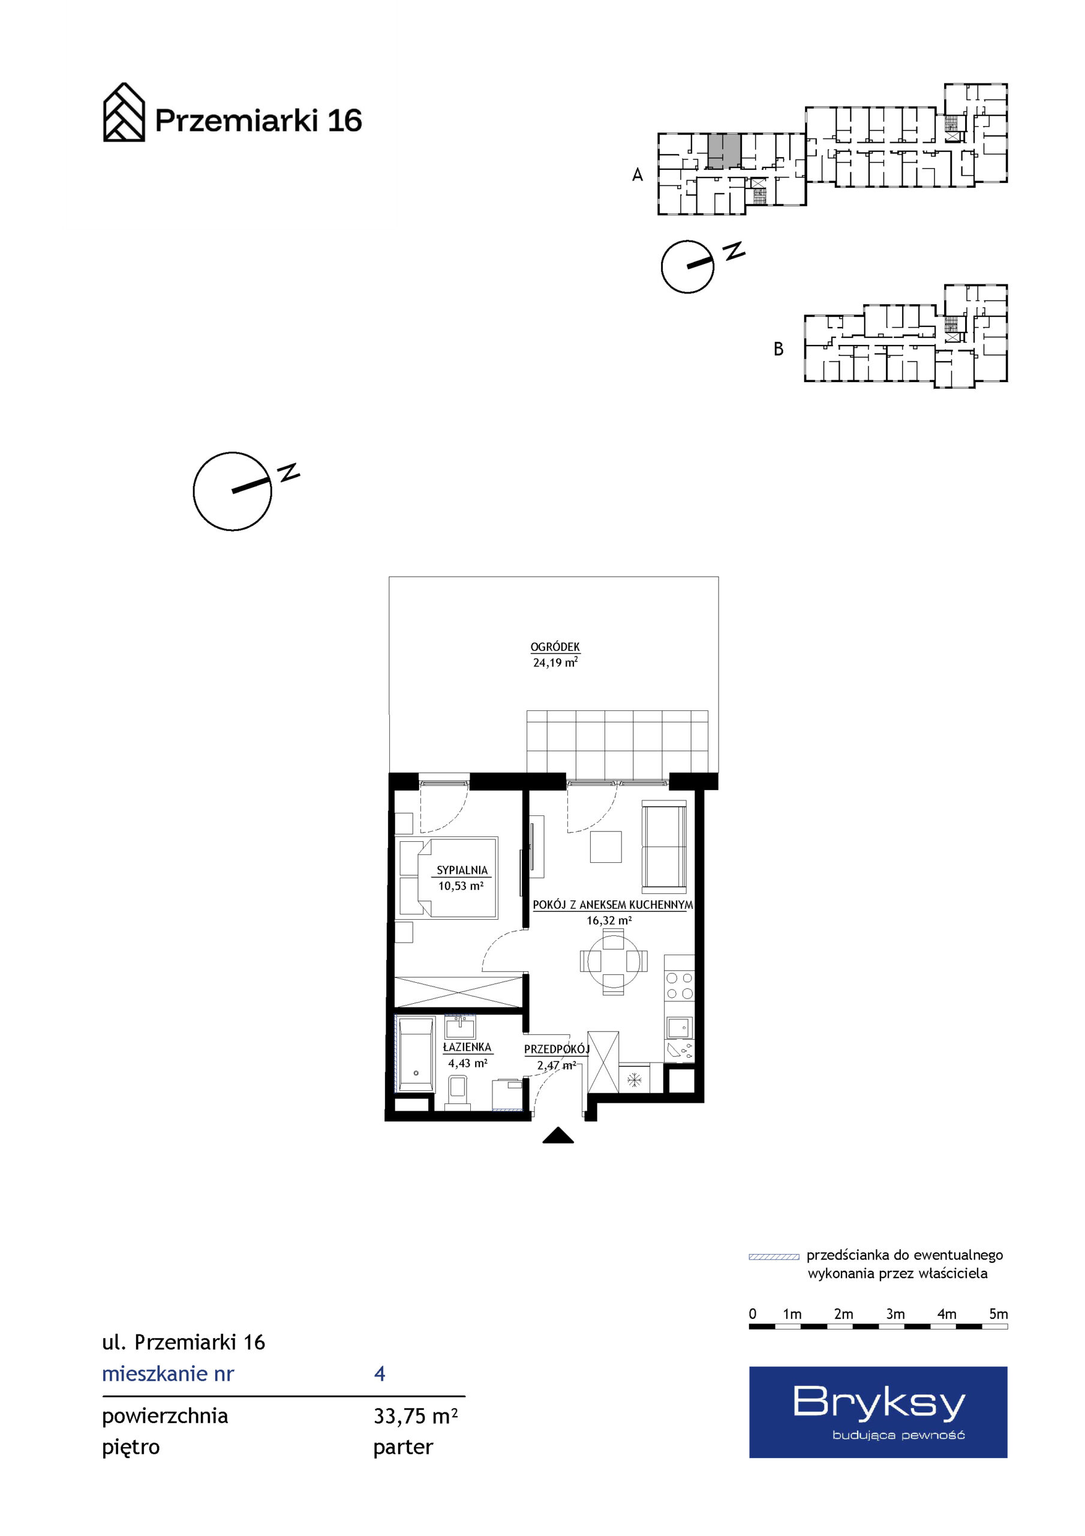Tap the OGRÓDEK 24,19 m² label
(555, 655)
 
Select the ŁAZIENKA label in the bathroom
(467, 1047)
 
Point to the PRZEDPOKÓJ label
(557, 1049)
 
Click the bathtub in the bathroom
(416, 1054)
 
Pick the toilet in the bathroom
(458, 1092)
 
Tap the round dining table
(614, 962)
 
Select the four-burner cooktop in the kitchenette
(680, 986)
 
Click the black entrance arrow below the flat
(558, 1136)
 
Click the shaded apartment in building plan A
(725, 151)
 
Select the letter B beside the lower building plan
(778, 349)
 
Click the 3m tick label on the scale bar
(895, 1314)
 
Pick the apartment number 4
(380, 1374)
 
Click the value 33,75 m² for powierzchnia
(416, 1416)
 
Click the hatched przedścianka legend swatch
(774, 1256)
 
